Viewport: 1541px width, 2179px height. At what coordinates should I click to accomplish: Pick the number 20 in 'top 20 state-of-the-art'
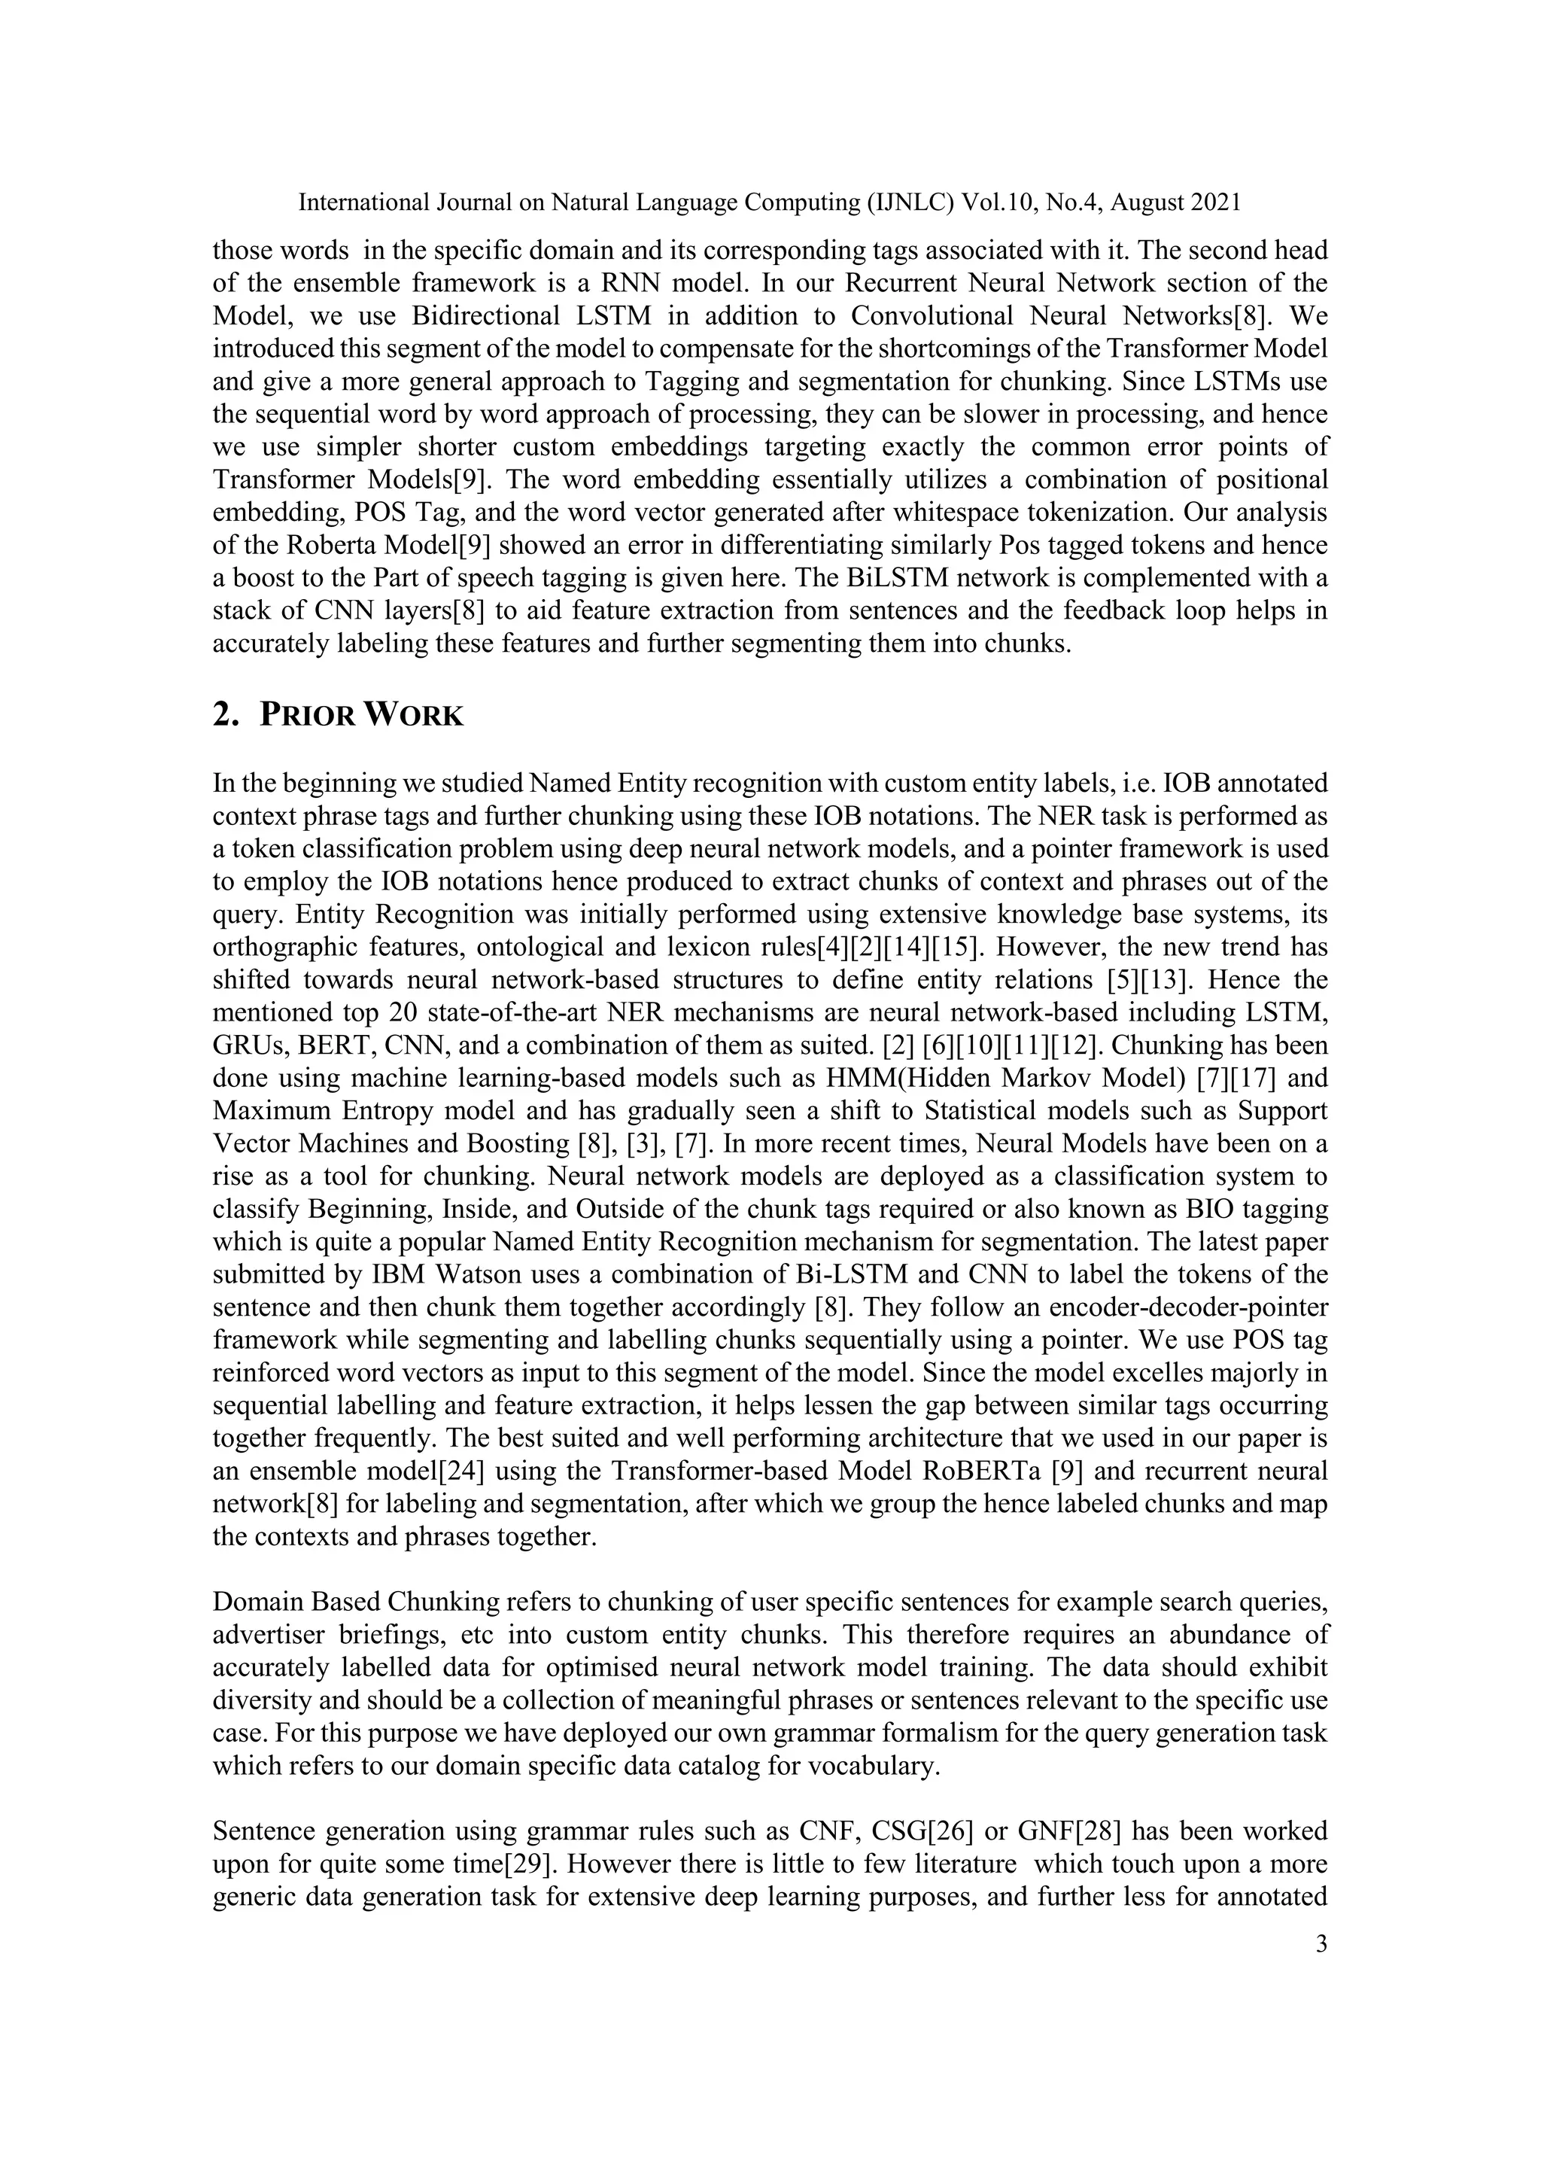pos(400,1012)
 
